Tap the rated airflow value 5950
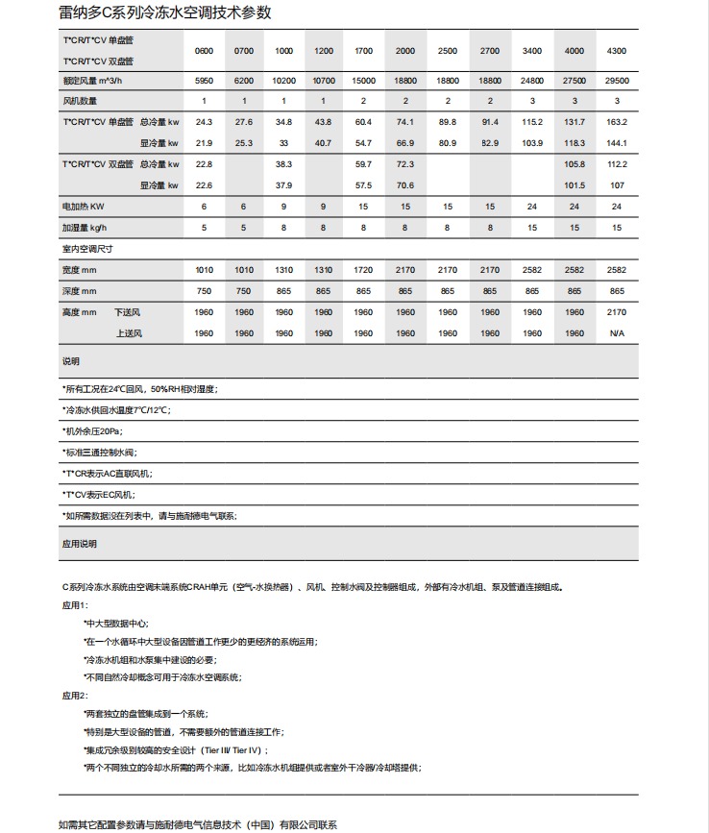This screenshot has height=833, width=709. pyautogui.click(x=204, y=82)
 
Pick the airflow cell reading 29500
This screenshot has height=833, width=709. pyautogui.click(x=617, y=82)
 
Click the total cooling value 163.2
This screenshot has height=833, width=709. pyautogui.click(x=617, y=122)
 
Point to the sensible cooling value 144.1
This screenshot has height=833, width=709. pyautogui.click(x=617, y=142)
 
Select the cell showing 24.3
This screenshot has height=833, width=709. pyautogui.click(x=204, y=122)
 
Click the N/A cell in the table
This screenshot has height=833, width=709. pyautogui.click(x=617, y=333)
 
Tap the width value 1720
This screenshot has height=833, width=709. pyautogui.click(x=364, y=270)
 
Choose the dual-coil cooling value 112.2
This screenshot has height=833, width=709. pyautogui.click(x=617, y=164)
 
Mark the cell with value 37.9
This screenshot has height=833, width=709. pyautogui.click(x=283, y=184)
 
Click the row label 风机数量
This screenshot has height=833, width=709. pyautogui.click(x=81, y=101)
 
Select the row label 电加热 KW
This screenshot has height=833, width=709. pyautogui.click(x=84, y=207)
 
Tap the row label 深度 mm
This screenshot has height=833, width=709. pyautogui.click(x=80, y=291)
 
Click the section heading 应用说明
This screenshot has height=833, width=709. pyautogui.click(x=80, y=543)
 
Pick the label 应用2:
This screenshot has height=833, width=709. pyautogui.click(x=75, y=695)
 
